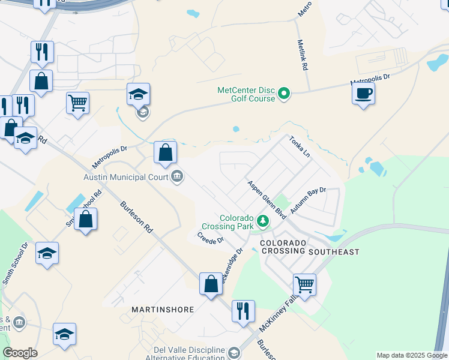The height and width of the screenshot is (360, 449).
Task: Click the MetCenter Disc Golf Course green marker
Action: (285, 94)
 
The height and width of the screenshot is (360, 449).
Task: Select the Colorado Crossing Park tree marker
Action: (262, 221)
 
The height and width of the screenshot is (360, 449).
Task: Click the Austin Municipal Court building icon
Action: (177, 176)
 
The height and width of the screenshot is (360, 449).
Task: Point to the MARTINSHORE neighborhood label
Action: (163, 310)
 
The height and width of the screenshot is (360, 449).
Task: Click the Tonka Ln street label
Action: (300, 146)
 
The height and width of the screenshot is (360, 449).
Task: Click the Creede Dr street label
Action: (210, 237)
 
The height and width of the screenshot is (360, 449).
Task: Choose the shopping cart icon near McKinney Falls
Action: (304, 285)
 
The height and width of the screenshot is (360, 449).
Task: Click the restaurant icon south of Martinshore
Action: (243, 311)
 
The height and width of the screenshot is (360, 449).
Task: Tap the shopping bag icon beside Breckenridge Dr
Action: (211, 284)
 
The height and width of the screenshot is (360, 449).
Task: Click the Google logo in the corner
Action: (20, 353)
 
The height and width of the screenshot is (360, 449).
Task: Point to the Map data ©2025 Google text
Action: (411, 355)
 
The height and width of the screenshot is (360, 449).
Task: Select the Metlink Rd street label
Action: (303, 56)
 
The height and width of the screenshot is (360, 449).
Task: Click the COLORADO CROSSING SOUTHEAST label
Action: (309, 247)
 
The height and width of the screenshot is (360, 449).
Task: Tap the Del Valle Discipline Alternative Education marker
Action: (232, 355)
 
